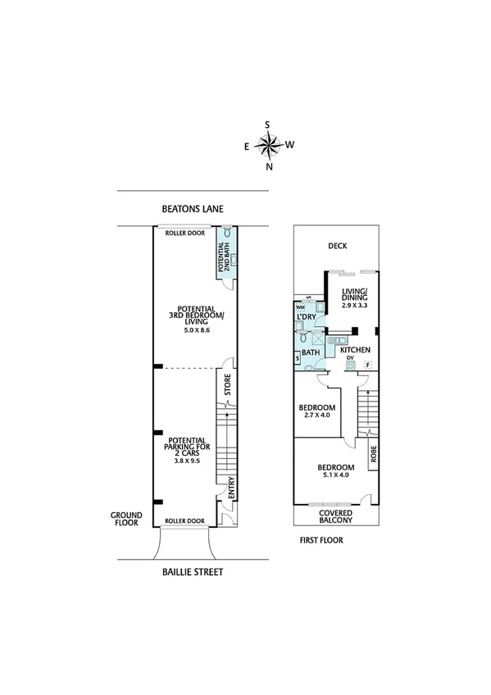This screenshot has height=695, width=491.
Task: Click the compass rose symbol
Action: (x=268, y=145)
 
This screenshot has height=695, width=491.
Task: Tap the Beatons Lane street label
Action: (x=193, y=209)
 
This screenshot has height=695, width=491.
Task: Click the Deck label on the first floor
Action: (x=337, y=244)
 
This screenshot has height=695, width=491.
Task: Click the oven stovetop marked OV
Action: (x=350, y=361)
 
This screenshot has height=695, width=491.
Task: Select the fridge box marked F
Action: (x=368, y=364)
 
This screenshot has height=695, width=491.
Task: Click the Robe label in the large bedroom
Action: (x=373, y=454)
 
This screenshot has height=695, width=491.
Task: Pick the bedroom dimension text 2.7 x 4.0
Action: (x=316, y=416)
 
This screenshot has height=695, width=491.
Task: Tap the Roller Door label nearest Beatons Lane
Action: (x=184, y=233)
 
